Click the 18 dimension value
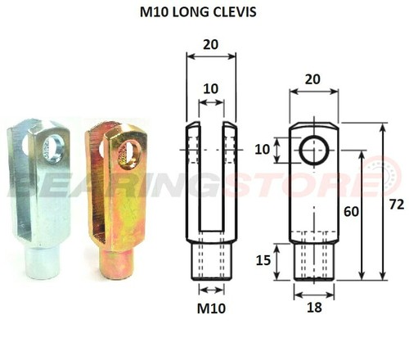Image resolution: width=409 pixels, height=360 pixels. point(314,308)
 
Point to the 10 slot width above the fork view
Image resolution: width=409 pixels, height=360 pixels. point(211,88)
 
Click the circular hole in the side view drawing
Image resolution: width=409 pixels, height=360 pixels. point(313,151)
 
